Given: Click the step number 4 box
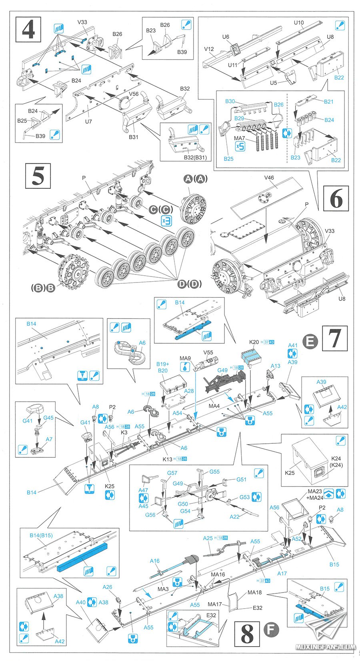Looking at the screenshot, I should pyautogui.click(x=28, y=29).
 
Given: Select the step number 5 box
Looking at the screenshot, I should pyautogui.click(x=38, y=176).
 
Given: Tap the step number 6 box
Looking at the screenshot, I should pyautogui.click(x=336, y=198).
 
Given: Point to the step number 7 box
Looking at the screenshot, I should pyautogui.click(x=335, y=338).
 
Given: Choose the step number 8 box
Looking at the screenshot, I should pyautogui.click(x=248, y=633).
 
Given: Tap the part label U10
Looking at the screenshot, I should pyautogui.click(x=299, y=23).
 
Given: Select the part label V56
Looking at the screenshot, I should pyautogui.click(x=134, y=94).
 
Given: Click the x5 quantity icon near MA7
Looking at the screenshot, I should pyautogui.click(x=240, y=146).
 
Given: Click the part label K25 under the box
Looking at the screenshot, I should pyautogui.click(x=290, y=473).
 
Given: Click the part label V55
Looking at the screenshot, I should pyautogui.click(x=208, y=352).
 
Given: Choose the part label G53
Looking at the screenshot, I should pyautogui.click(x=244, y=497).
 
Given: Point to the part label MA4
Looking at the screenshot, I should pyautogui.click(x=214, y=406).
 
